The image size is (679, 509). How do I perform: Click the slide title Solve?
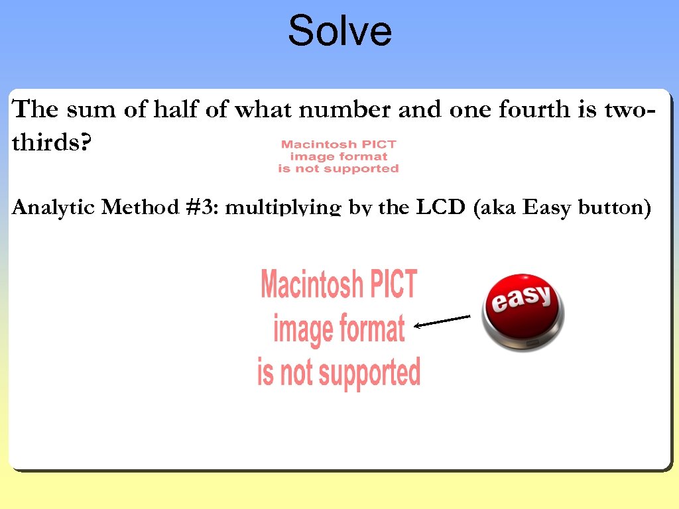pos(339,31)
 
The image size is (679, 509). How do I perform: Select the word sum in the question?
pos(89,109)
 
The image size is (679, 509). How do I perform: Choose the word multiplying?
pos(283,209)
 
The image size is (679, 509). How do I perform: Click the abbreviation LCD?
pos(442,207)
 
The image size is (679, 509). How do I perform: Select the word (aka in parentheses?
pos(496,208)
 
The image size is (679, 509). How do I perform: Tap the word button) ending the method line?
pos(615,208)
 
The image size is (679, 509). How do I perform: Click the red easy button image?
pos(523,312)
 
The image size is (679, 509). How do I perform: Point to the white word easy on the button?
pos(521,298)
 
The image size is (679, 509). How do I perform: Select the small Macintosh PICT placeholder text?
pos(338,156)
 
